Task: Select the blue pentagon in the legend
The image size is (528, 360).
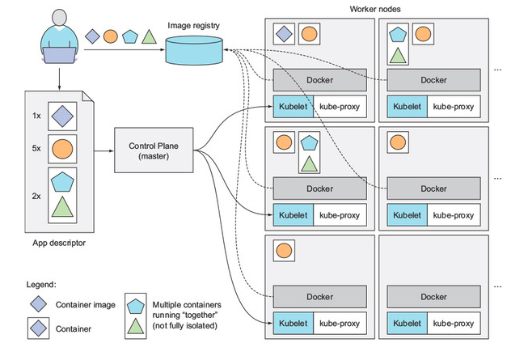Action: coord(136,303)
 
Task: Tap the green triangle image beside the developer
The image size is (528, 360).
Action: coord(148,37)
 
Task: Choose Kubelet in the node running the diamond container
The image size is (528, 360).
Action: coord(289,106)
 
